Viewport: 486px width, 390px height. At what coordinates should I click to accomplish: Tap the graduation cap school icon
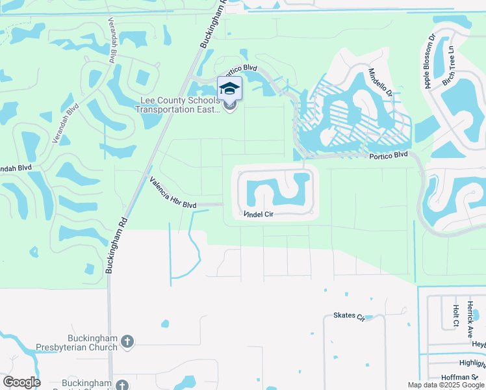pyautogui.click(x=229, y=88)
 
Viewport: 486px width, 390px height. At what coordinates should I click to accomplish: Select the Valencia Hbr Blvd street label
pyautogui.click(x=172, y=193)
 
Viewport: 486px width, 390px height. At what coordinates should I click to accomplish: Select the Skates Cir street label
pyautogui.click(x=349, y=316)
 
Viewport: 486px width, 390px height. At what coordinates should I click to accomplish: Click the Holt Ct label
pyautogui.click(x=455, y=315)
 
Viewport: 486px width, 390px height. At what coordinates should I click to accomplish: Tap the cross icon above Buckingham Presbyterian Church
pyautogui.click(x=127, y=340)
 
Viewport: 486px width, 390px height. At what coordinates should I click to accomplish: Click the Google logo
pyautogui.click(x=21, y=382)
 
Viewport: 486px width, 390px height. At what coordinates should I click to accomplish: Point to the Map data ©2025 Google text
pyautogui.click(x=446, y=385)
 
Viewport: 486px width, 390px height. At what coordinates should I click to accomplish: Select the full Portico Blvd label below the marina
pyautogui.click(x=388, y=155)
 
